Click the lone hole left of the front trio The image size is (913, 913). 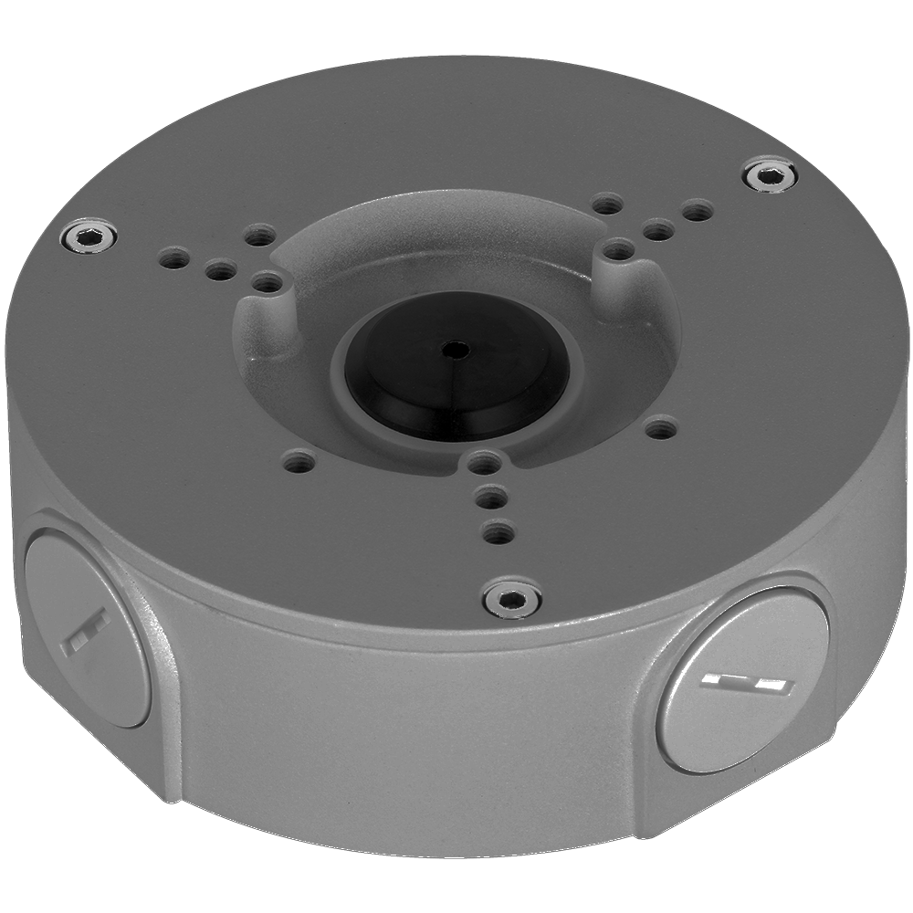(295, 461)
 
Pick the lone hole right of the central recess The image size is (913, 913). (660, 425)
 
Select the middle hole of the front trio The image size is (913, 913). (492, 498)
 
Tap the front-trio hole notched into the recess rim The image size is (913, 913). (485, 462)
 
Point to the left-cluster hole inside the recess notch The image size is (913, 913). (265, 284)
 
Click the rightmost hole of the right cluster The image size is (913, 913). (697, 213)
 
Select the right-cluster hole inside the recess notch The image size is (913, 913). (618, 248)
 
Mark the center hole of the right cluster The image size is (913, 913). (656, 229)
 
